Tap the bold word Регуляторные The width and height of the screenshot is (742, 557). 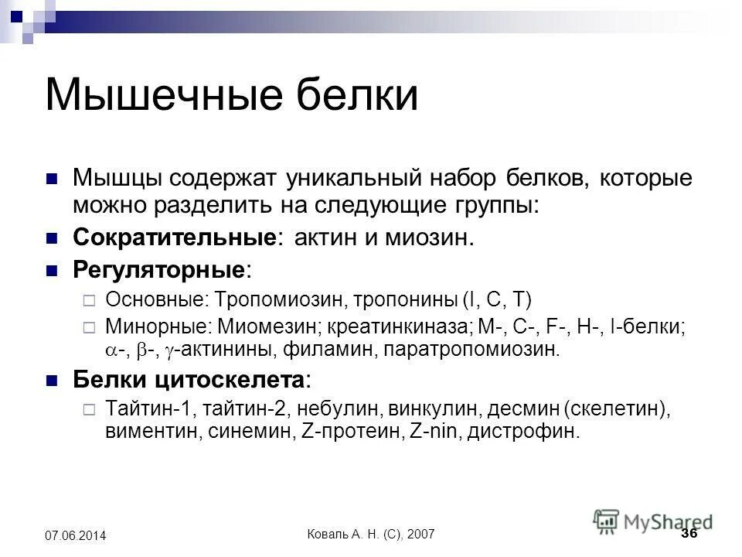[159, 269]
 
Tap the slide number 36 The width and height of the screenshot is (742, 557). [689, 535]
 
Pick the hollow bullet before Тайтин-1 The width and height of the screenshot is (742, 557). [87, 408]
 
